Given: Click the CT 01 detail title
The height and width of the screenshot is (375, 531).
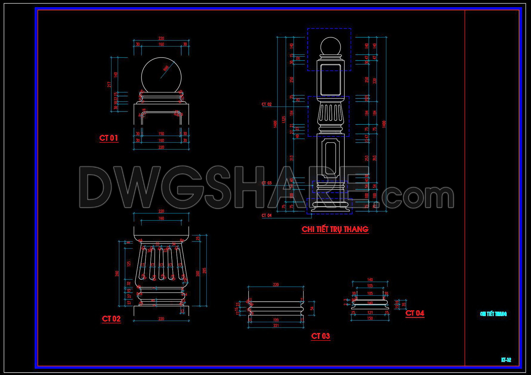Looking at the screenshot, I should click(109, 138).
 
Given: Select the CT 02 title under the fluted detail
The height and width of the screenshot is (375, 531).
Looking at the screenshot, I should click(111, 319).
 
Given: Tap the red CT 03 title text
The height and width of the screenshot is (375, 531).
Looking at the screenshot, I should click(321, 336).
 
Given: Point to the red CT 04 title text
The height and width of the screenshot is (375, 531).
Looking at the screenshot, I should click(415, 313).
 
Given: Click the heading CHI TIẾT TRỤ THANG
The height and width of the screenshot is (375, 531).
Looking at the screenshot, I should click(335, 229).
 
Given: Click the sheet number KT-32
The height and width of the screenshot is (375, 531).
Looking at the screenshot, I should click(506, 360).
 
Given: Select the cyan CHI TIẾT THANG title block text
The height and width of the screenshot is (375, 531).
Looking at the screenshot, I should click(493, 314).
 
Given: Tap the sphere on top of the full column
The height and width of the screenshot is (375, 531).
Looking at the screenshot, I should click(330, 47).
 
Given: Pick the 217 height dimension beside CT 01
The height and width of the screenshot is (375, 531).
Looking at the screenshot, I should click(109, 85).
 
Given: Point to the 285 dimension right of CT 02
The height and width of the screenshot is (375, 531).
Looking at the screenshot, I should click(204, 270).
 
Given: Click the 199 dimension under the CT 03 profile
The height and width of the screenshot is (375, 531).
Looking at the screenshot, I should click(276, 320).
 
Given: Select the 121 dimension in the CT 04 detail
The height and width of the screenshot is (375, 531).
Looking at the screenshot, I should click(370, 312).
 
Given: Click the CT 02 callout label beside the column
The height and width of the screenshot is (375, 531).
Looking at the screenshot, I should click(267, 104).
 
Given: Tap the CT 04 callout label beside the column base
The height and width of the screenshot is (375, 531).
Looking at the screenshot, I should click(267, 215).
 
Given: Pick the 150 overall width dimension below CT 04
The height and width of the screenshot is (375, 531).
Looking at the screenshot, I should click(370, 318).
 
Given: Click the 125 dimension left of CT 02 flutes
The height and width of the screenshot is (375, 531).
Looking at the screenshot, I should click(129, 264).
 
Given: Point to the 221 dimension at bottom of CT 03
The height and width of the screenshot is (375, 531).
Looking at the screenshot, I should click(276, 325).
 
